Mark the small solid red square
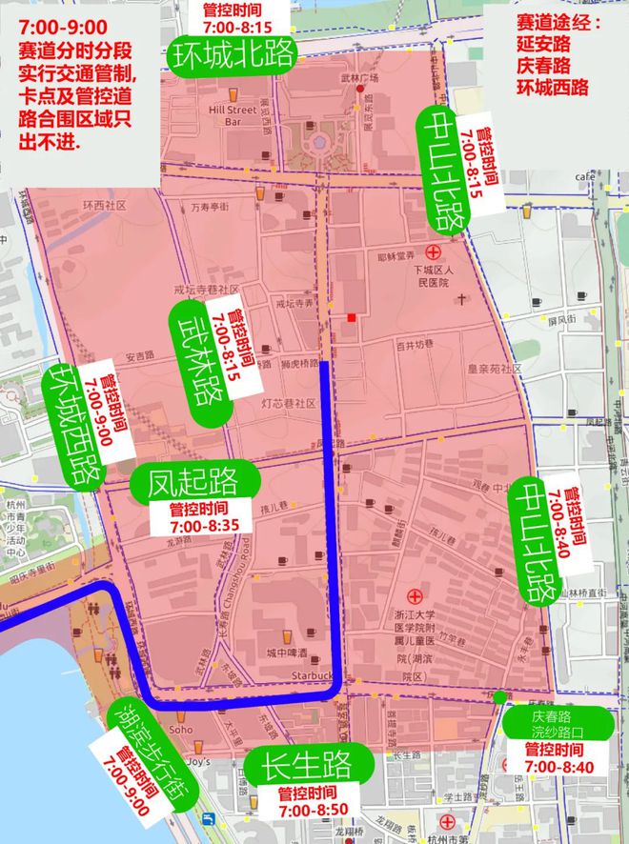pyautogui.click(x=353, y=316)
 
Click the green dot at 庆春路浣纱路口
pyautogui.click(x=501, y=697)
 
